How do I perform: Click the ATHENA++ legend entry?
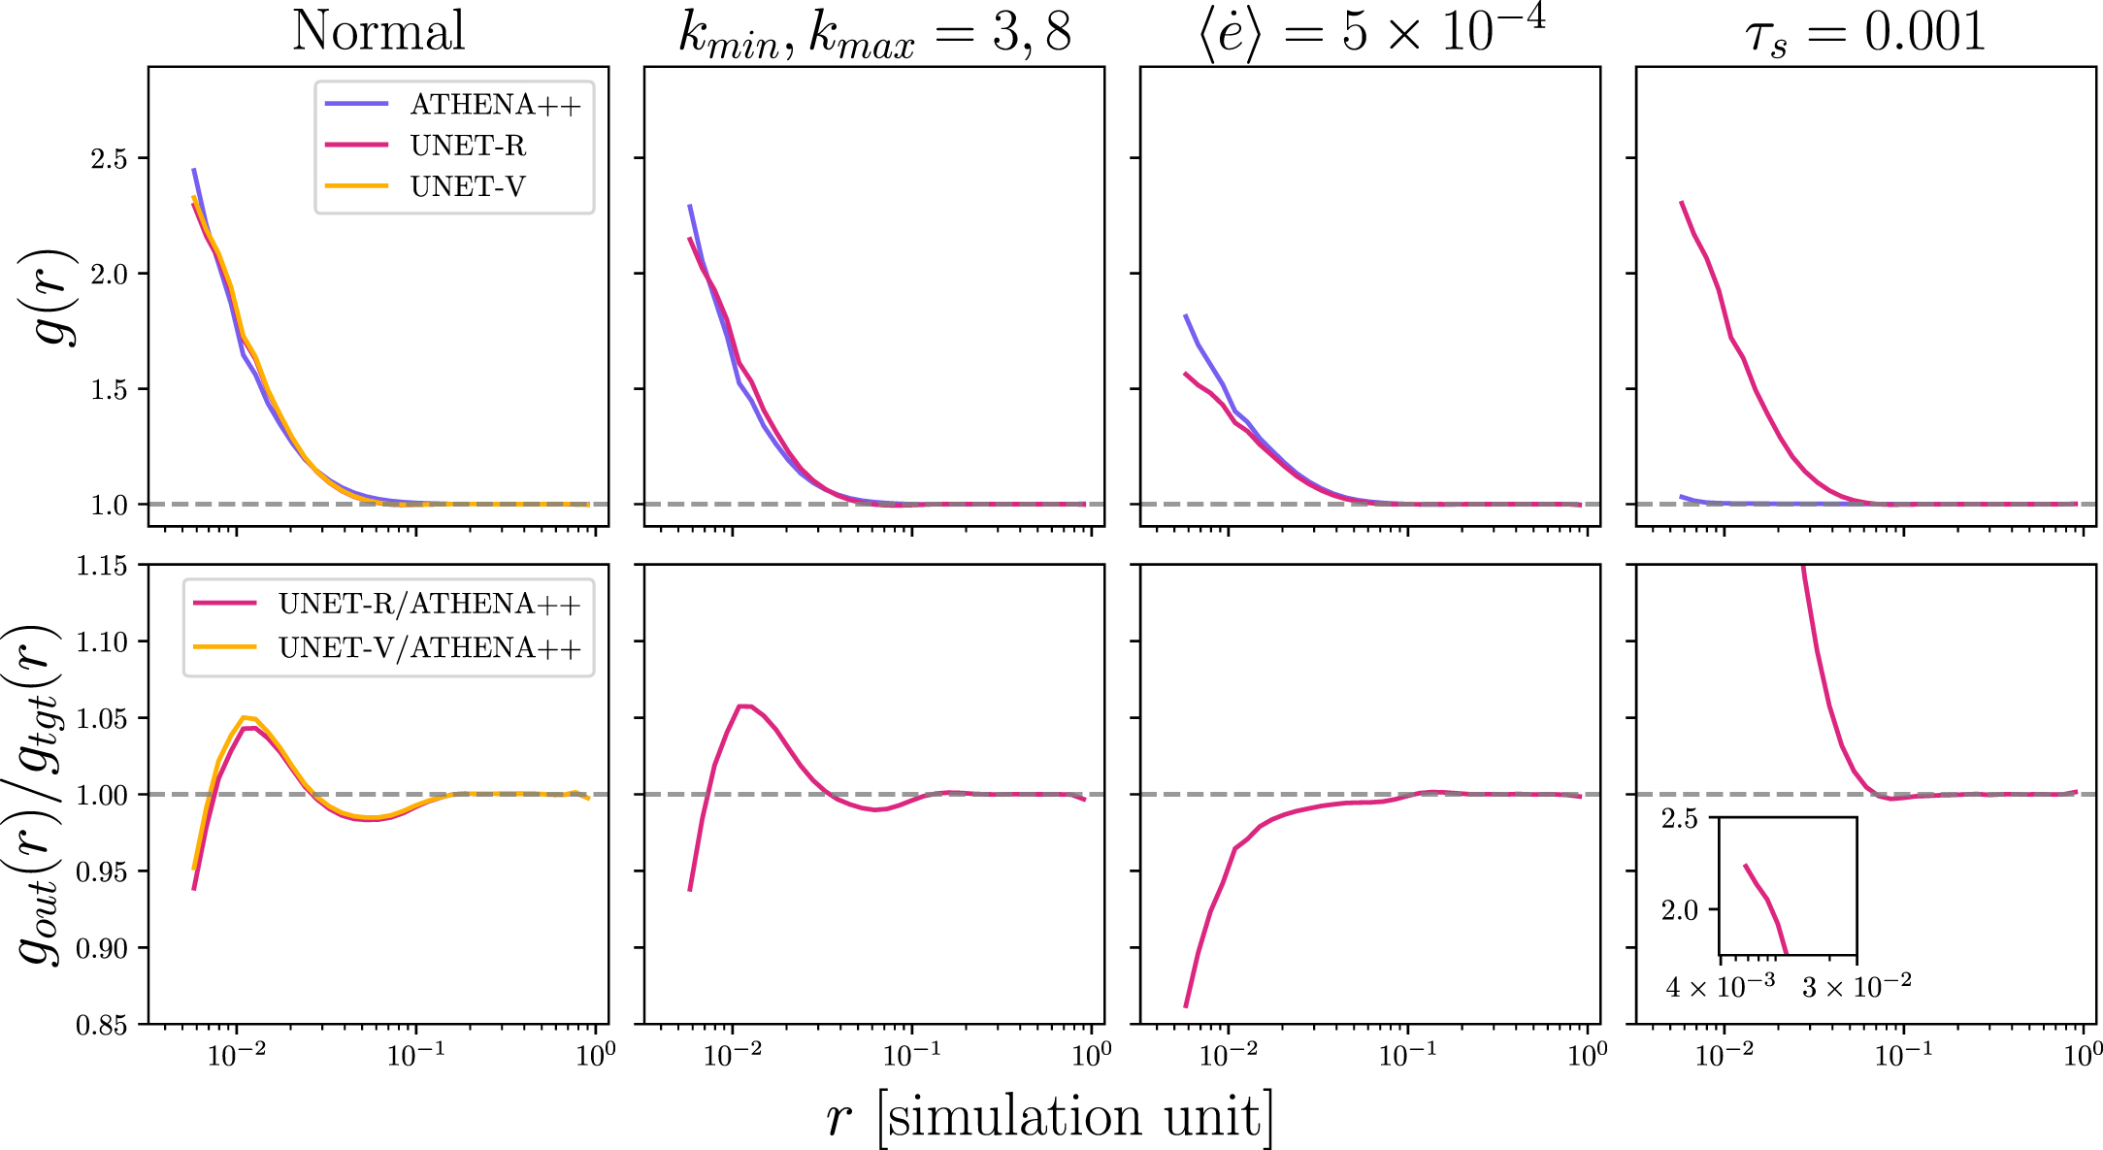pyautogui.click(x=495, y=105)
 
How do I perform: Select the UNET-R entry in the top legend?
pyautogui.click(x=468, y=146)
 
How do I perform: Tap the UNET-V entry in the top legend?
pyautogui.click(x=468, y=186)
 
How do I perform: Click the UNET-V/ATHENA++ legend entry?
pyautogui.click(x=429, y=647)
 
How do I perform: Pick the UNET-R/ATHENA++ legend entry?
pyautogui.click(x=429, y=604)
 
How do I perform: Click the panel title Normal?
pyautogui.click(x=378, y=31)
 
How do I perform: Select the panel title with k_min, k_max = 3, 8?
pyautogui.click(x=873, y=34)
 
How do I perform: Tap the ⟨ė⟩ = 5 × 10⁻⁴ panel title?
pyautogui.click(x=1370, y=31)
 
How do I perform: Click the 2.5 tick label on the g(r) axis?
pyautogui.click(x=109, y=159)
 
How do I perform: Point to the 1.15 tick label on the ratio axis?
pyautogui.click(x=102, y=566)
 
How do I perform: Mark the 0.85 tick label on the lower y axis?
pyautogui.click(x=102, y=1026)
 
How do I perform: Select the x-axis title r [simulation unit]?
pyautogui.click(x=1048, y=1117)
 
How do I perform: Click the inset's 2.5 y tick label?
pyautogui.click(x=1679, y=819)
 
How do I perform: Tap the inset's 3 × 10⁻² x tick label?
pyautogui.click(x=1857, y=987)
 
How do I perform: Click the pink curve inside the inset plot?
pyautogui.click(x=1766, y=899)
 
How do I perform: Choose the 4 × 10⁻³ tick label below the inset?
pyautogui.click(x=1720, y=987)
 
